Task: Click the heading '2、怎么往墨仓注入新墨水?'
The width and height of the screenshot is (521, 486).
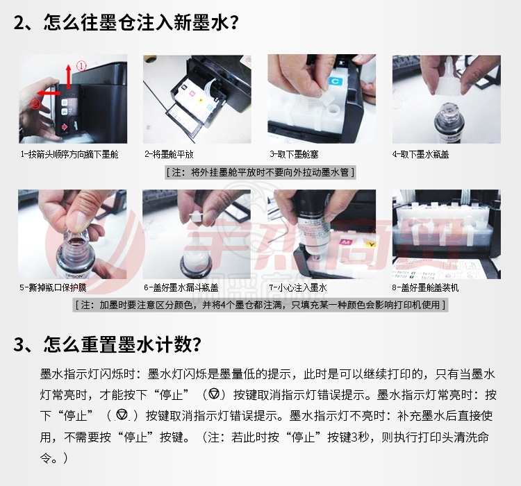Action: (126, 23)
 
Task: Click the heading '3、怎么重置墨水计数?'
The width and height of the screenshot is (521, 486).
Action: (108, 344)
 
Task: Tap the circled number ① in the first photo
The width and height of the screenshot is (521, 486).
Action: (81, 65)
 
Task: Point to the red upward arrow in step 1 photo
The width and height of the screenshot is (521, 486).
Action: (69, 76)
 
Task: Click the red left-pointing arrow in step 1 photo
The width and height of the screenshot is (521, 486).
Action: (49, 93)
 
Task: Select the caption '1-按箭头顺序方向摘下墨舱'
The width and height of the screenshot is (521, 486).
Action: (69, 154)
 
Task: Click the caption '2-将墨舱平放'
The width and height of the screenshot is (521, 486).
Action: (169, 154)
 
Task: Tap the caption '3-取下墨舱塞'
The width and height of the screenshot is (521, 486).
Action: (294, 154)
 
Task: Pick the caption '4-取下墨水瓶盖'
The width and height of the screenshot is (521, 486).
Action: (421, 154)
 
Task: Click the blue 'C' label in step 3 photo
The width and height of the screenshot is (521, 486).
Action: (335, 81)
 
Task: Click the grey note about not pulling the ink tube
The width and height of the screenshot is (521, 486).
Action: (260, 172)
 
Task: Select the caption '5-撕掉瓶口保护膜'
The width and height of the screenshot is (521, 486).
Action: (53, 287)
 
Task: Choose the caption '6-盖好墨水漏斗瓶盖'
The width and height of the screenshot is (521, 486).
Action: (181, 287)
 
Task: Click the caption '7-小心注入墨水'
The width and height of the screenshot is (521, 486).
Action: (298, 287)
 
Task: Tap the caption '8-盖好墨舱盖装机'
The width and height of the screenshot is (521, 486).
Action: (425, 287)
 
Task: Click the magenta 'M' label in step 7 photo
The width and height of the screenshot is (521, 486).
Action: (346, 242)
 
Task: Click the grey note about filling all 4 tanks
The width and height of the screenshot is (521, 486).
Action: (260, 305)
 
